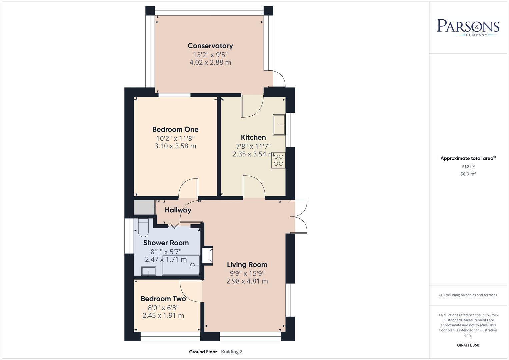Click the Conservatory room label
(x=210, y=46)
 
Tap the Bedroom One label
(x=175, y=129)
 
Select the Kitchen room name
(x=253, y=137)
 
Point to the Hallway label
(x=178, y=210)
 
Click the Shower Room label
(x=166, y=243)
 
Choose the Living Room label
(x=247, y=265)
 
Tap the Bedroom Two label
(x=163, y=299)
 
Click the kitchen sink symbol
(x=279, y=125)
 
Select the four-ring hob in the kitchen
(x=278, y=160)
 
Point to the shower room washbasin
(x=149, y=271)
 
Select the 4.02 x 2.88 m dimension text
(x=210, y=62)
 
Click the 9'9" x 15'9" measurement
(x=247, y=273)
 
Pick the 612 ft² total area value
(x=468, y=167)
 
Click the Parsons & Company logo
(x=468, y=27)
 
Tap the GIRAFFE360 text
(x=468, y=345)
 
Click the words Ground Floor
(x=203, y=352)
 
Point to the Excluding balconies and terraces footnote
(x=468, y=295)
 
